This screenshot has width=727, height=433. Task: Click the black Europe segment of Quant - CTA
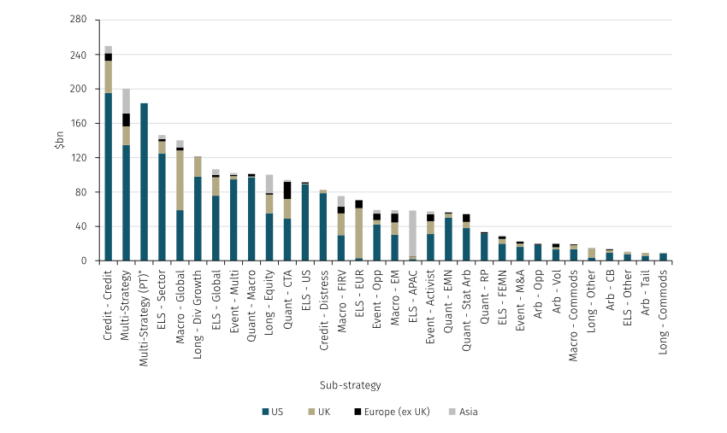[x=287, y=190]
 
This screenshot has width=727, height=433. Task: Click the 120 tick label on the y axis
[x=80, y=158]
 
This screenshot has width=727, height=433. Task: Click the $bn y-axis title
[x=58, y=140]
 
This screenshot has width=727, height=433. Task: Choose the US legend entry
[x=272, y=413]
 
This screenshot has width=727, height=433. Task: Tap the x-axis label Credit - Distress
[x=324, y=302]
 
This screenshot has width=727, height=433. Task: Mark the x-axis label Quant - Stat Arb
[x=467, y=302]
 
